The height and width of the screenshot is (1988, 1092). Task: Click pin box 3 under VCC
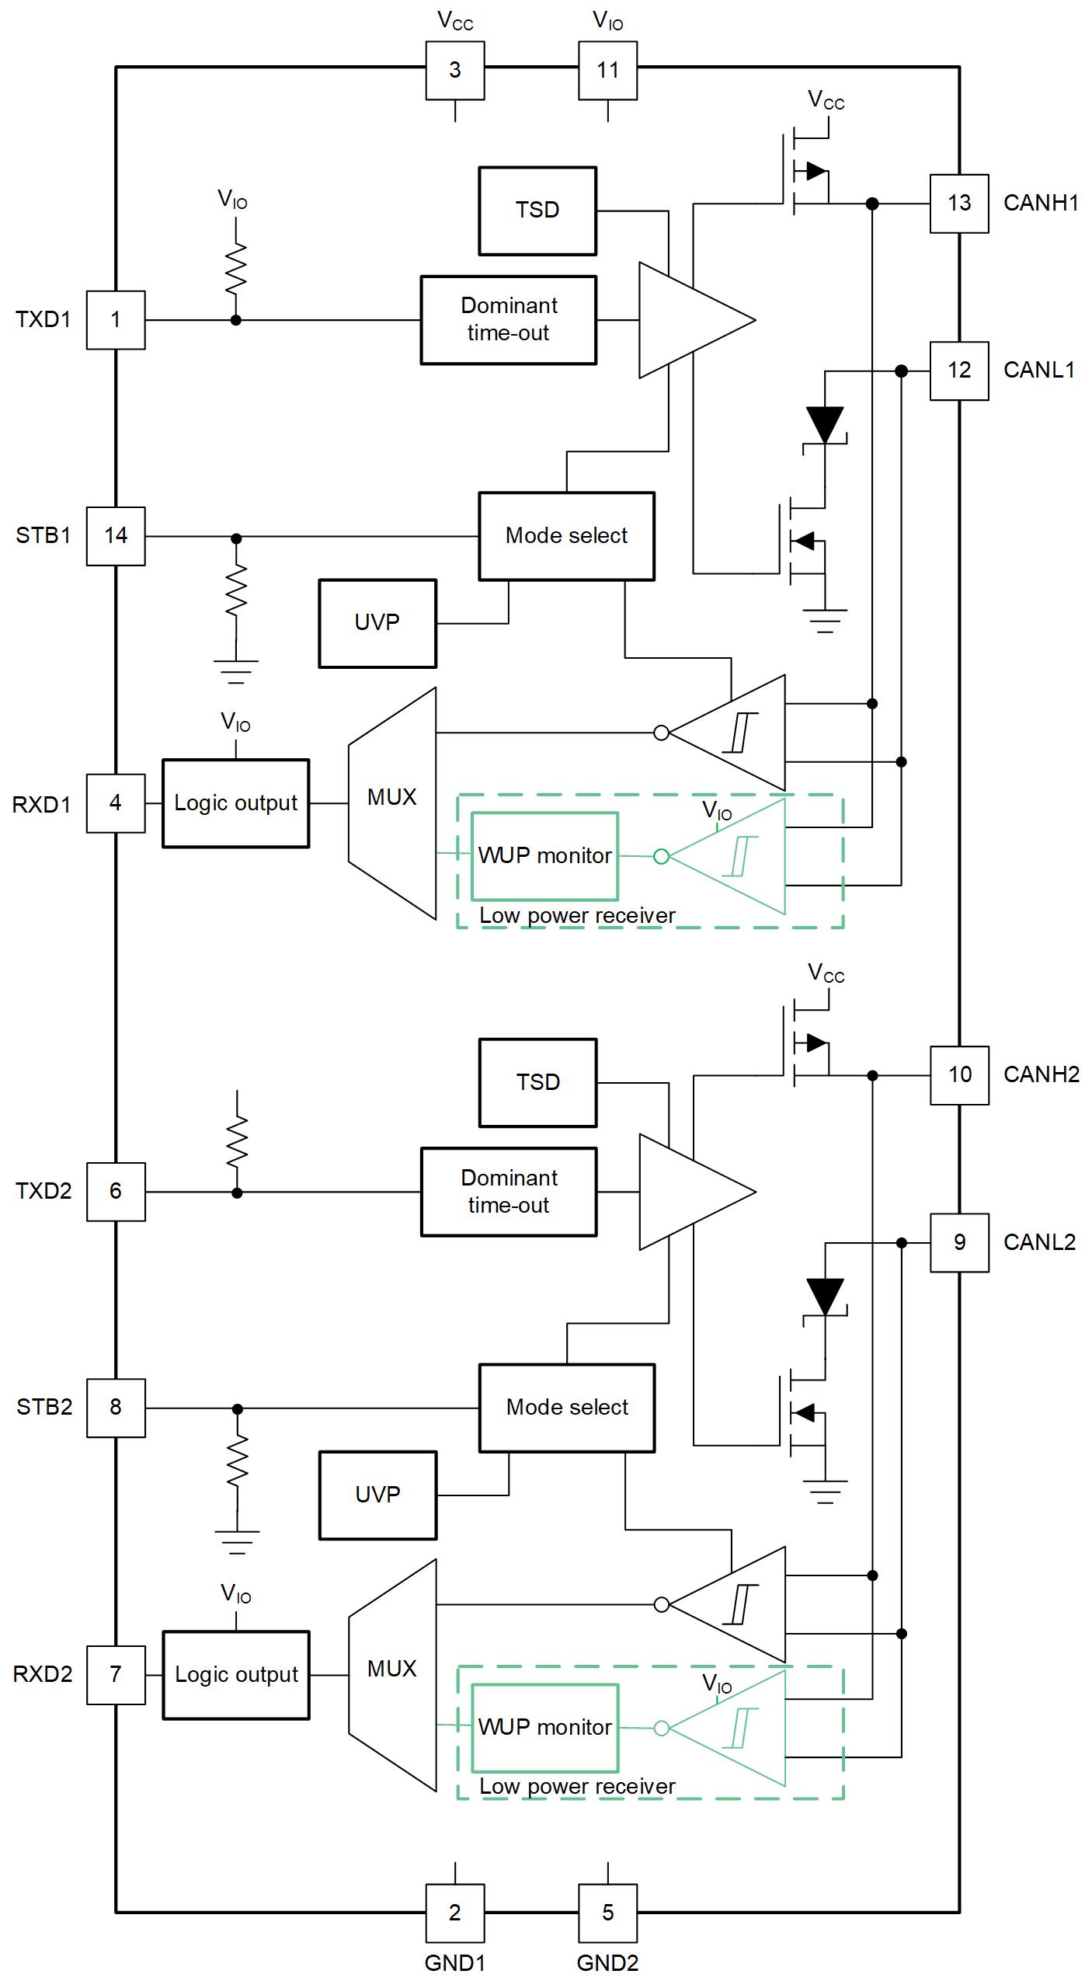[x=454, y=71]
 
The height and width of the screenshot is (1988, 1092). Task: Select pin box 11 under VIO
[x=607, y=71]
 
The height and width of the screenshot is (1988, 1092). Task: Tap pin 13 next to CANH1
[x=959, y=204]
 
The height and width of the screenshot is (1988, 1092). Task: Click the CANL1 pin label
[x=1038, y=370]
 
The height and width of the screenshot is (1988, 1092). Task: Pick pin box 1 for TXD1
[x=116, y=320]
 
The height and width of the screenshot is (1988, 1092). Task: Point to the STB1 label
[x=43, y=535]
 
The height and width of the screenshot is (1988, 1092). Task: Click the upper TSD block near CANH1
[x=537, y=211]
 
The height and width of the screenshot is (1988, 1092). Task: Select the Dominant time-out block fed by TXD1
[x=509, y=319]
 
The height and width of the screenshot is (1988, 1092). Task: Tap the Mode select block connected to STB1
[x=566, y=536]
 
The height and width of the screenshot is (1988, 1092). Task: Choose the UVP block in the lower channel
[x=377, y=1495]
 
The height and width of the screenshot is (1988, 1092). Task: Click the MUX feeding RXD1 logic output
[x=392, y=802]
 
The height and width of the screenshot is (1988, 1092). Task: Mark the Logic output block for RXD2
[x=236, y=1675]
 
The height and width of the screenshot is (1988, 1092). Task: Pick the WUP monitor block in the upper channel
[x=544, y=856]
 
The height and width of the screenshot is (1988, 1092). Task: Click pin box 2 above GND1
[x=454, y=1913]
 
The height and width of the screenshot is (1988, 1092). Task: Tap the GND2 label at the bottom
[x=607, y=1963]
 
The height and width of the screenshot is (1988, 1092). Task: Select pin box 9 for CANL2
[x=959, y=1242]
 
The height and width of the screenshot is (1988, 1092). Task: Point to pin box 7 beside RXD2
[x=116, y=1675]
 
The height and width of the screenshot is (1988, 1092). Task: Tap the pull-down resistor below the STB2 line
[x=237, y=1461]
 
